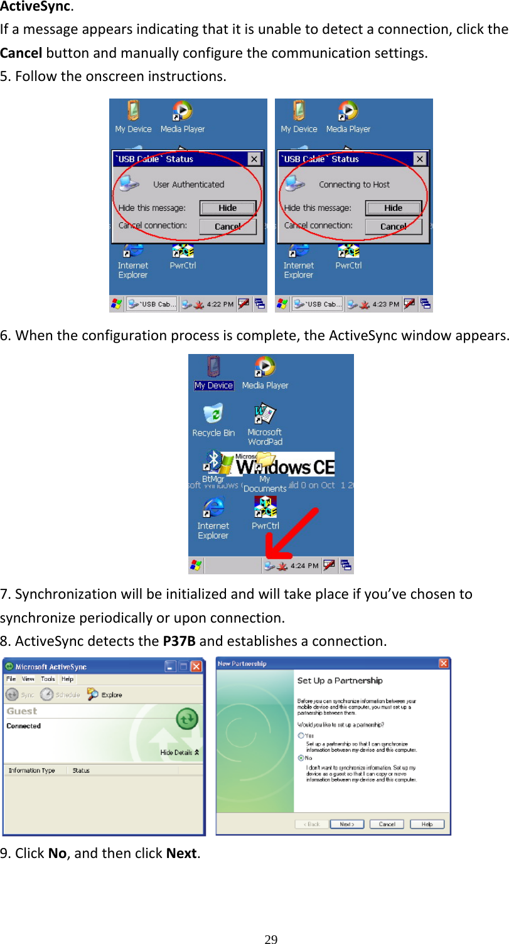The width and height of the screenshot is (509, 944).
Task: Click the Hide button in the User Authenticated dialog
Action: [227, 208]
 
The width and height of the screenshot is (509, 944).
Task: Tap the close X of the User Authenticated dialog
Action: [254, 159]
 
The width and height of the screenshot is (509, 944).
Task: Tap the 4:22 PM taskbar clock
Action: [220, 304]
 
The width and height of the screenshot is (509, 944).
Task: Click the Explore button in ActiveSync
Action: [105, 695]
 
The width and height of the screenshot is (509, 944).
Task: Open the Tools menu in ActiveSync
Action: [48, 679]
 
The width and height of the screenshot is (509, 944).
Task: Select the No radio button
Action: [301, 758]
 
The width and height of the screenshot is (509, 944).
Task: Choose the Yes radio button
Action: [301, 735]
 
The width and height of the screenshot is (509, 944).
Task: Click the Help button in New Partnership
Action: [427, 824]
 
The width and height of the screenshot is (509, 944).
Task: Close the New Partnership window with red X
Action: [443, 663]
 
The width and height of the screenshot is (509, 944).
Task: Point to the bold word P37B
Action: [179, 641]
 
